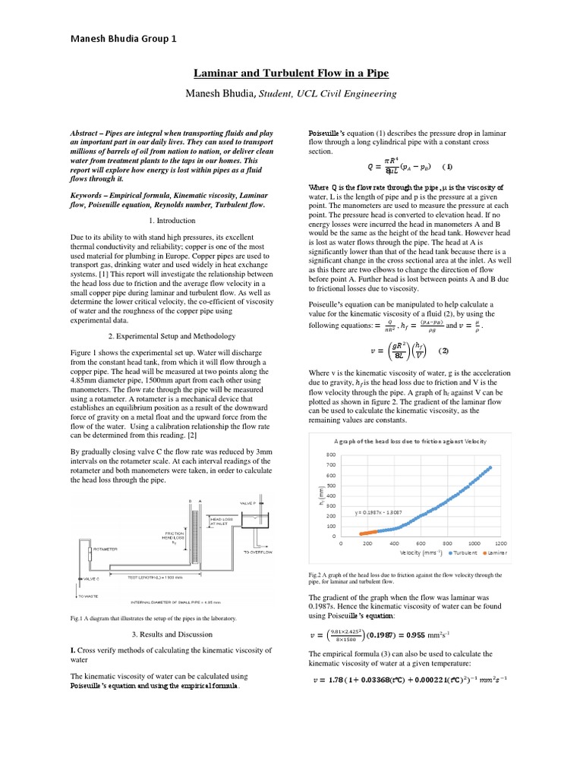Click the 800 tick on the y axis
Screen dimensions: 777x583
[331, 454]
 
